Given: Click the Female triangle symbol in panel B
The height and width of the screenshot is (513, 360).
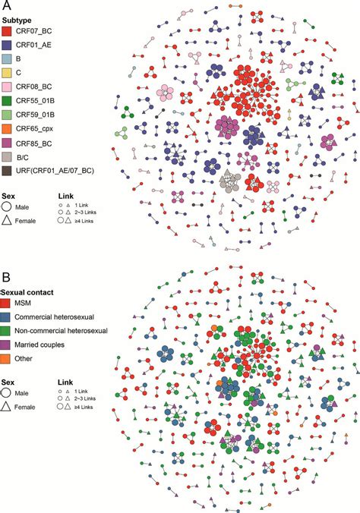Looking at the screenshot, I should click(x=8, y=407).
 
